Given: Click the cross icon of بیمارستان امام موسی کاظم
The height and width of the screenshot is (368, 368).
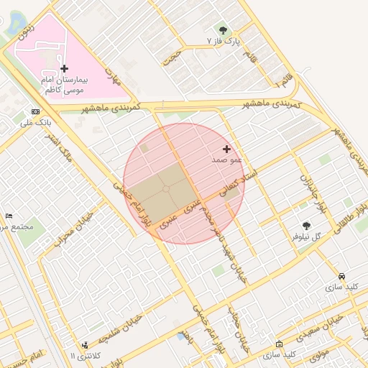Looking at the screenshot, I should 65,68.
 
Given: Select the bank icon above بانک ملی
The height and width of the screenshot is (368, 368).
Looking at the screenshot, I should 36,112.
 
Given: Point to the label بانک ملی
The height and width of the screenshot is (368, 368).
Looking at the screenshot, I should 35,123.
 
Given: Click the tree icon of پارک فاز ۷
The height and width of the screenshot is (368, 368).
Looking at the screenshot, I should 223,30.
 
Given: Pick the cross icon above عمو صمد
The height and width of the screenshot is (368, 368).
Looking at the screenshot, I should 227,149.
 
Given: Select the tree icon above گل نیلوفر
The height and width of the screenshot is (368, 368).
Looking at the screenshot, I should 307,226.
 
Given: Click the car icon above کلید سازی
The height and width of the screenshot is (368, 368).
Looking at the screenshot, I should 341,277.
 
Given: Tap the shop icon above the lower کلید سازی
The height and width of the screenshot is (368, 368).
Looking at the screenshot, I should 279,344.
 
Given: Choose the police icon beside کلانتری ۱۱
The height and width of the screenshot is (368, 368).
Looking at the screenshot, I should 86,346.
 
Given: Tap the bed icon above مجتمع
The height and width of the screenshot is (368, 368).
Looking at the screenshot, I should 9,216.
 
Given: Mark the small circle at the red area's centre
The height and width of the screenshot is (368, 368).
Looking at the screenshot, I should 166,188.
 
